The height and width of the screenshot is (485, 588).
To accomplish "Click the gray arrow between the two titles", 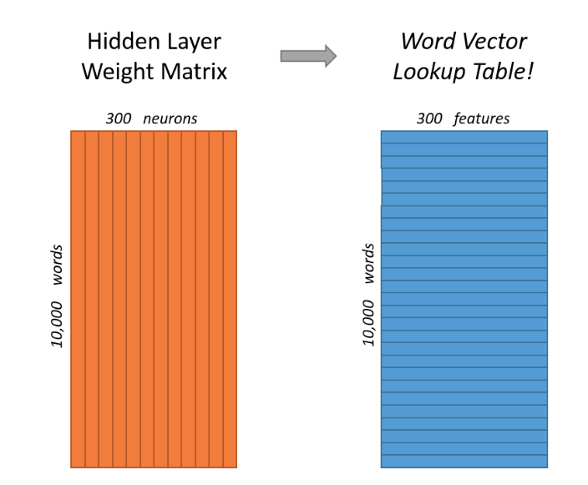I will [x=307, y=56].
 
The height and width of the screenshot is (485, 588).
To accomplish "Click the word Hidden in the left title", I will [x=114, y=42].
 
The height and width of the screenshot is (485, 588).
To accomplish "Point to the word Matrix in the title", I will [x=192, y=73].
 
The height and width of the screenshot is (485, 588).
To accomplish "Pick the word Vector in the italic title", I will [x=495, y=42].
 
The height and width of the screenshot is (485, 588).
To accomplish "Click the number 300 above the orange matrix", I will [x=119, y=119].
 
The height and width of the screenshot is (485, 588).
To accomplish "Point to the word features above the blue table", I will [x=482, y=119].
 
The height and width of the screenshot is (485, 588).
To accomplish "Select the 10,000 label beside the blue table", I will [x=368, y=321].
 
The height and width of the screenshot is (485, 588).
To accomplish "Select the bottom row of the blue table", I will [x=464, y=462].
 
